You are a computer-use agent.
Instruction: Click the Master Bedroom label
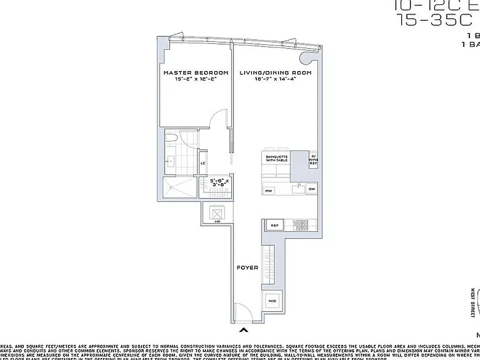[x=196, y=72]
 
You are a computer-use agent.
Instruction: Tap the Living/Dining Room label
[x=275, y=72]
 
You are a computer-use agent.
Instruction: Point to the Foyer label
[x=247, y=268]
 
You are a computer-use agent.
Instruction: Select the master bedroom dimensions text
[x=196, y=79]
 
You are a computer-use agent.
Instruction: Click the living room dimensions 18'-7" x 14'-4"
[x=275, y=79]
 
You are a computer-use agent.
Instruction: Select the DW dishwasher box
[x=311, y=189]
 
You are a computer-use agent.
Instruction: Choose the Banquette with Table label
[x=276, y=158]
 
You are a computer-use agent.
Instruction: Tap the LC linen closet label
[x=203, y=163]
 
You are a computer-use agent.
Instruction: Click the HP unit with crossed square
[x=218, y=213]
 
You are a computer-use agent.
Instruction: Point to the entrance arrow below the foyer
[x=244, y=331]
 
